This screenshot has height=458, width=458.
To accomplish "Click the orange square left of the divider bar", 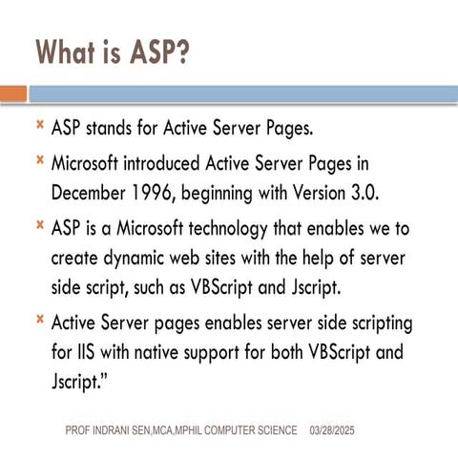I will click(12, 94).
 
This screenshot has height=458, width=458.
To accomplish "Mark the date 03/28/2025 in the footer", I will click(332, 432).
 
